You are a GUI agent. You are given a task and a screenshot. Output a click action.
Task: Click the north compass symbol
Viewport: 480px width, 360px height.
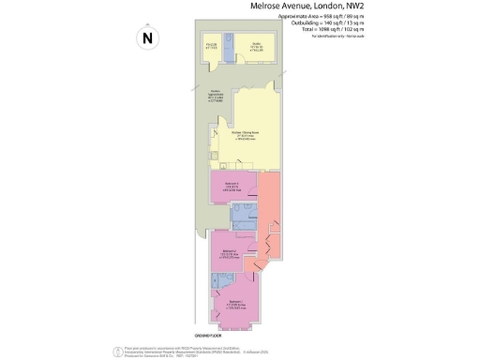[x=146, y=38]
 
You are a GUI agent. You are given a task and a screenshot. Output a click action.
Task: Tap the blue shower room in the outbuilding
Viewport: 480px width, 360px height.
[x=228, y=52]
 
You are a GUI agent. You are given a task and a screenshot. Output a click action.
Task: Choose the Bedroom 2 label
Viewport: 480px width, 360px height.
[x=230, y=251]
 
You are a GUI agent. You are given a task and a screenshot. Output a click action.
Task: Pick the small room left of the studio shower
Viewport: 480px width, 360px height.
[x=210, y=50]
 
